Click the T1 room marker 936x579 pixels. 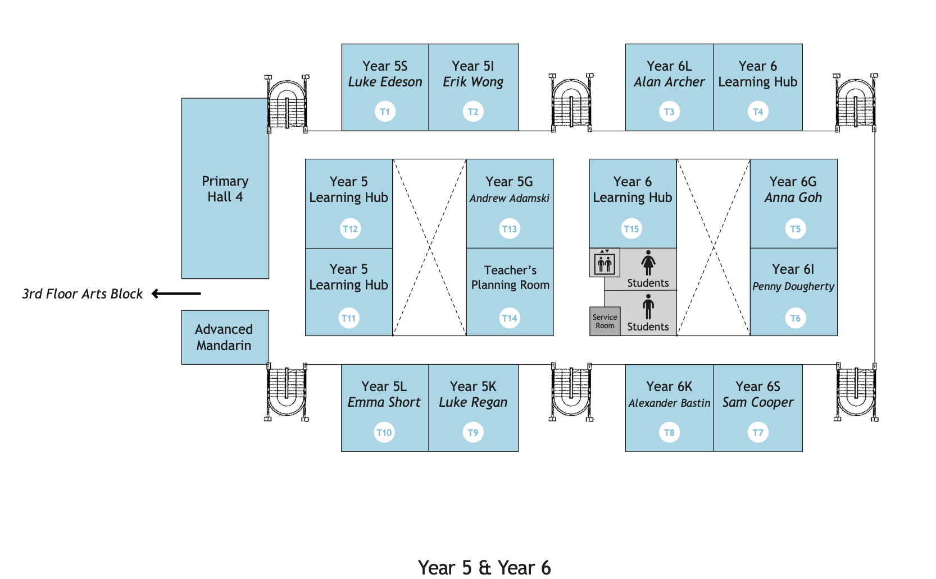[x=385, y=112]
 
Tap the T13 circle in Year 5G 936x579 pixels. [x=510, y=229]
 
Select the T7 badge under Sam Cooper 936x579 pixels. [x=758, y=433]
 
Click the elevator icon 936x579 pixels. [x=605, y=263]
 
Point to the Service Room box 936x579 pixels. [x=605, y=321]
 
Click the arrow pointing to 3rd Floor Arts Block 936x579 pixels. [x=176, y=293]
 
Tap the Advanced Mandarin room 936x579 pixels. [x=225, y=337]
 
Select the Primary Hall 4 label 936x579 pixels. [x=225, y=189]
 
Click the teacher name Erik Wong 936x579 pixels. [x=473, y=82]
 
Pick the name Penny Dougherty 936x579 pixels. [x=793, y=287]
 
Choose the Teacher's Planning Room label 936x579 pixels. [x=510, y=278]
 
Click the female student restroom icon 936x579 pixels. [x=648, y=263]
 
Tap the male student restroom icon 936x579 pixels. [x=648, y=307]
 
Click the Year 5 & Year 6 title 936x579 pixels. [x=484, y=567]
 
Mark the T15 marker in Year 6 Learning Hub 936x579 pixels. [x=631, y=229]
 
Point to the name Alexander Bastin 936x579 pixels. [x=669, y=403]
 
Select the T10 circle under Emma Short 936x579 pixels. [x=384, y=433]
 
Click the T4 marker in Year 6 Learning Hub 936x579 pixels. [x=758, y=112]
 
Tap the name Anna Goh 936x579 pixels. [x=793, y=197]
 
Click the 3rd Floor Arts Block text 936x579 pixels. [x=83, y=294]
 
